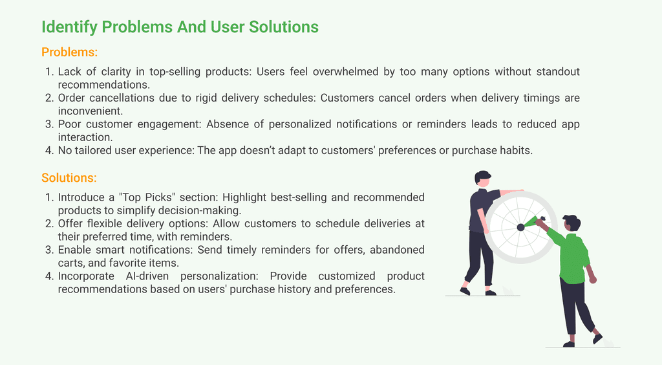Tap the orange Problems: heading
point(70,52)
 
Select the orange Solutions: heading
point(69,178)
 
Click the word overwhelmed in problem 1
point(345,71)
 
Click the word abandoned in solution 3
point(397,250)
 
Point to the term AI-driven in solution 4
point(147,276)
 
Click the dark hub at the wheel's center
point(520,227)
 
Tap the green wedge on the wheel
point(531,222)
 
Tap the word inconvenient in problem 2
point(91,111)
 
